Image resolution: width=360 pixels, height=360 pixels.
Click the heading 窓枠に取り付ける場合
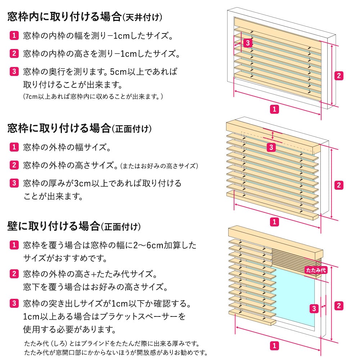(x=59, y=128)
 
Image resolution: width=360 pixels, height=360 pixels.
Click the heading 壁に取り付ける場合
(x=53, y=226)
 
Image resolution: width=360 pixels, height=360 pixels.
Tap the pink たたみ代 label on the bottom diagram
(x=316, y=270)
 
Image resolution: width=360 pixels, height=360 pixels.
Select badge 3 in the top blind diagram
(x=248, y=43)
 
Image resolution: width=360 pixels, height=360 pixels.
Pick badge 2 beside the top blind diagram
(x=338, y=76)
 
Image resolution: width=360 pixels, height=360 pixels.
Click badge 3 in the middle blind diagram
(x=272, y=147)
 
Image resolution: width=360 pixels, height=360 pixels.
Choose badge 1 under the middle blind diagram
(x=274, y=221)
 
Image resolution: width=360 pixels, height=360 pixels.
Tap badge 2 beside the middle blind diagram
(x=338, y=185)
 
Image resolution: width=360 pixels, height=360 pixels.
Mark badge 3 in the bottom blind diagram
(x=314, y=308)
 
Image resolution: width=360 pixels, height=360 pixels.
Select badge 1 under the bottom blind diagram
(x=274, y=346)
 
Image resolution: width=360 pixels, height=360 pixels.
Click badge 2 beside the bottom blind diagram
(x=338, y=306)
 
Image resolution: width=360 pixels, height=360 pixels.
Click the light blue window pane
(x=295, y=302)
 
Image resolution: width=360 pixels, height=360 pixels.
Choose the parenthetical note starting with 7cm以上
(x=93, y=96)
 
